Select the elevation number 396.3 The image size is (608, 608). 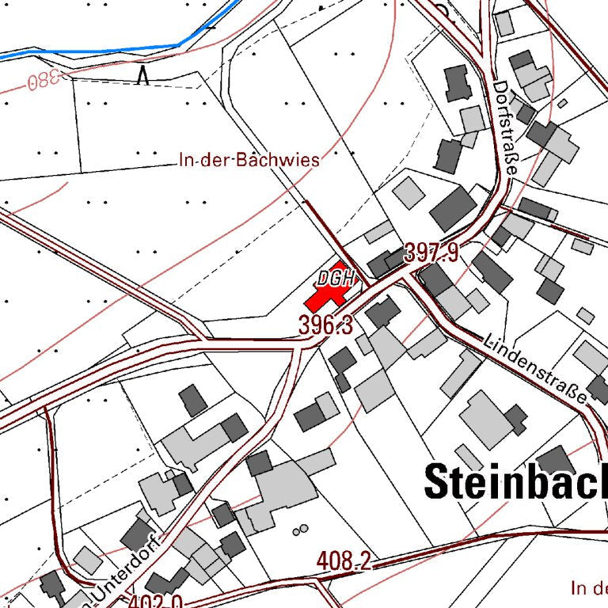click(x=325, y=324)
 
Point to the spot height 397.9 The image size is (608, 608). click(x=431, y=253)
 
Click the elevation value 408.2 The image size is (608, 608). click(x=344, y=561)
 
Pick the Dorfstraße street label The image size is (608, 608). click(x=507, y=130)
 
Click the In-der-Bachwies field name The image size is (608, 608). click(x=249, y=160)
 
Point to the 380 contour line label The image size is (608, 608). click(x=44, y=82)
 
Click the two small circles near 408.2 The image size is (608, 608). click(x=299, y=530)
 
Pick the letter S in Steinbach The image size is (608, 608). click(x=439, y=481)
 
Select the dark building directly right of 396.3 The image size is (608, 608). click(x=382, y=312)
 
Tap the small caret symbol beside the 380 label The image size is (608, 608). click(x=143, y=75)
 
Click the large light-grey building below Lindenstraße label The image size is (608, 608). click(x=486, y=417)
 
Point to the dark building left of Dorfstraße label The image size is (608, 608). click(x=458, y=83)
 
